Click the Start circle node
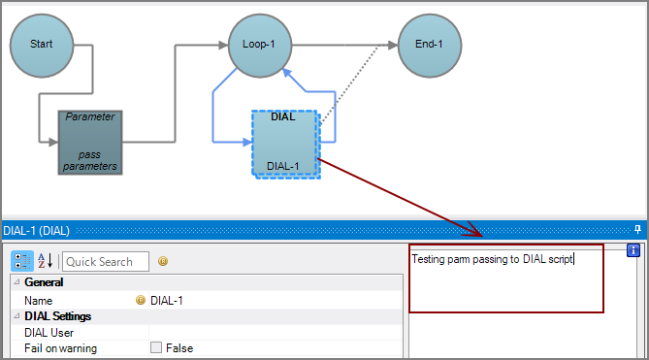[x=42, y=45]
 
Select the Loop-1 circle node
[x=260, y=45]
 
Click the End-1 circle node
[x=429, y=45]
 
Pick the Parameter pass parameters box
[x=90, y=142]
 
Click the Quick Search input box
[x=106, y=261]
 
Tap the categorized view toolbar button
[x=21, y=261]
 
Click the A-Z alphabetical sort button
[x=46, y=261]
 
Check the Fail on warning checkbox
[x=155, y=348]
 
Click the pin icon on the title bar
[x=637, y=230]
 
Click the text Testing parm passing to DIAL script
[x=493, y=259]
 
